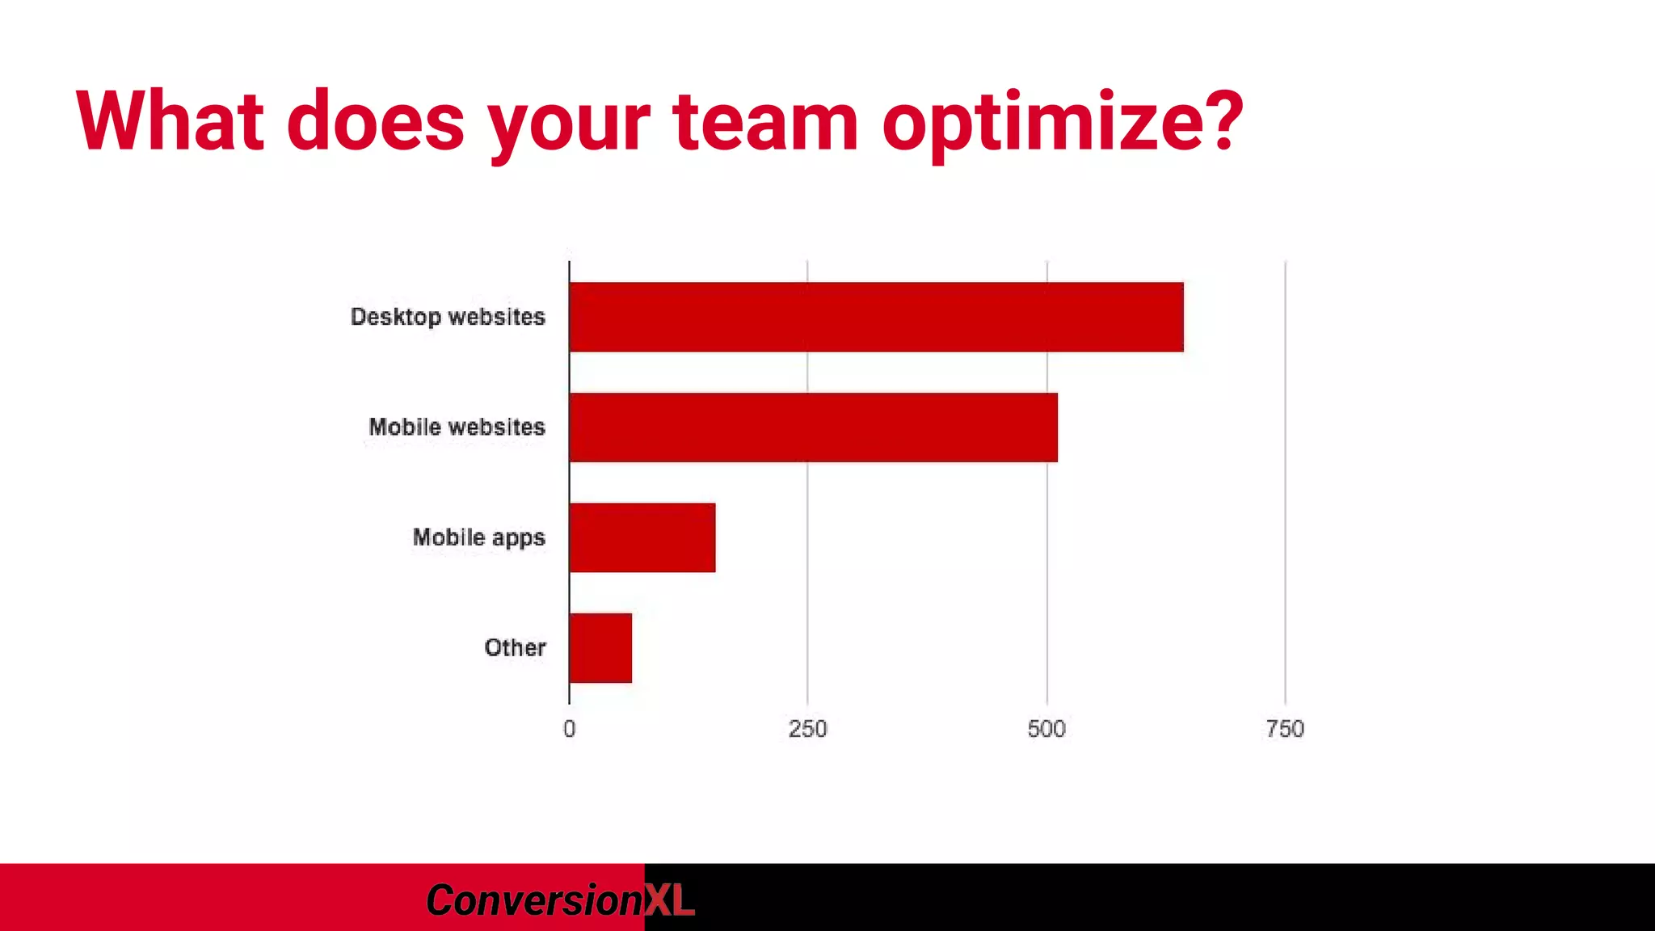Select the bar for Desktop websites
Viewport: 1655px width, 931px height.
[876, 317]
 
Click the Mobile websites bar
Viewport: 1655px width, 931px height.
[813, 428]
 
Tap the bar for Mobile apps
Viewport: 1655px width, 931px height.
[642, 537]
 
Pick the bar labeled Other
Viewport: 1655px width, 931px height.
[600, 648]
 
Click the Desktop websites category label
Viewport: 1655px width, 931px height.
[448, 317]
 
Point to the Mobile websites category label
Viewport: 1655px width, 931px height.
[457, 427]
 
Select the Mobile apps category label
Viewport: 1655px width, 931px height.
[478, 537]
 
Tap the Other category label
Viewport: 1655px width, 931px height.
[515, 647]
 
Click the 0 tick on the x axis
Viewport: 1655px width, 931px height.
[570, 729]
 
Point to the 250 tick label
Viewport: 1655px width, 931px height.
[807, 729]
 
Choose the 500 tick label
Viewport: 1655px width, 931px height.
[1046, 729]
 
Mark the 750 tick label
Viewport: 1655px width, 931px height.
[1285, 729]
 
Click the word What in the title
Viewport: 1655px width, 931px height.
[171, 121]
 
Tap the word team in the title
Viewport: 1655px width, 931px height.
[765, 121]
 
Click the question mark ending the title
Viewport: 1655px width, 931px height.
[1219, 121]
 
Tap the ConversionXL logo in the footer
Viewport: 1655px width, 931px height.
[559, 899]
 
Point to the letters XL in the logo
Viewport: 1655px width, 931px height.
[669, 899]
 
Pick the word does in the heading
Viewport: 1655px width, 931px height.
[376, 121]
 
